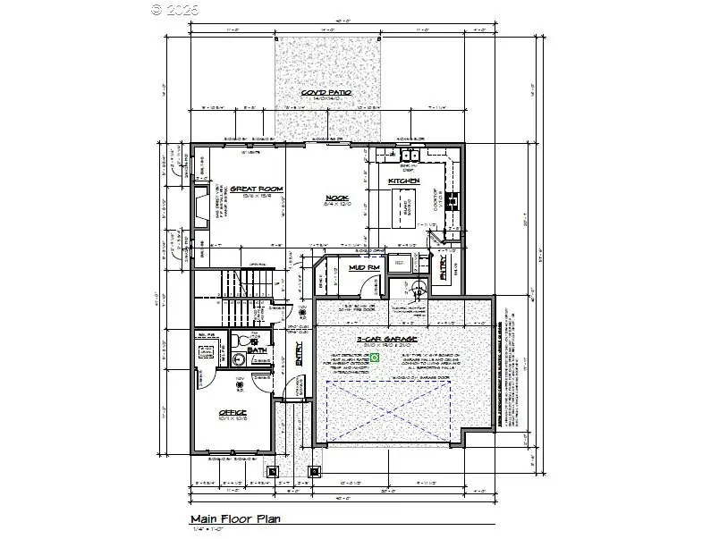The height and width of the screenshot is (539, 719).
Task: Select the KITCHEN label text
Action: [403, 181]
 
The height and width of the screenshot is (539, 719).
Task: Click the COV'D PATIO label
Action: [326, 94]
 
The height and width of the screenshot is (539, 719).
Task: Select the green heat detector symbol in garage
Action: [376, 357]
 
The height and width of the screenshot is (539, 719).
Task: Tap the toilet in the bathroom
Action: [241, 341]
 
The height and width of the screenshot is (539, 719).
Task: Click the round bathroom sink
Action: [239, 359]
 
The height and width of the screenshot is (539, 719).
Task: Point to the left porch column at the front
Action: [272, 470]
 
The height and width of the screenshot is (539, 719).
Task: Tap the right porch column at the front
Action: [314, 470]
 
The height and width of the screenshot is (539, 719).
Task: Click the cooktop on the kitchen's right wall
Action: [452, 199]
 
